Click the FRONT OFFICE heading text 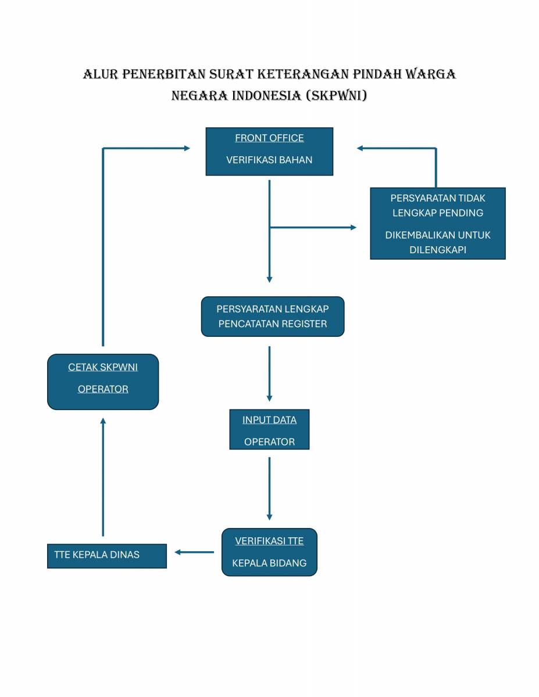point(269,138)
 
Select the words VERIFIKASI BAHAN point(269,160)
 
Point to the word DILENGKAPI point(438,250)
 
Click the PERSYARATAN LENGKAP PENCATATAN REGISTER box point(273,317)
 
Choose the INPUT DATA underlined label point(269,420)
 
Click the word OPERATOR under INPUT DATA point(269,442)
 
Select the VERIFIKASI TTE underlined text point(269,541)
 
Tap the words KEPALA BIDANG point(269,563)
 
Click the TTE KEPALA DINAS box point(107,555)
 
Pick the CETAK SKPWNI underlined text point(103,367)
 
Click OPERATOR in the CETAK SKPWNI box point(103,389)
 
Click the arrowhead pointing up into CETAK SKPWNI point(103,420)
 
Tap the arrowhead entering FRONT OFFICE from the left point(187,148)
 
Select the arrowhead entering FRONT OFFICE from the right point(360,148)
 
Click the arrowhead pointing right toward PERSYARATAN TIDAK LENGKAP point(353,227)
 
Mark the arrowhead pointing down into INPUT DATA point(269,398)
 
